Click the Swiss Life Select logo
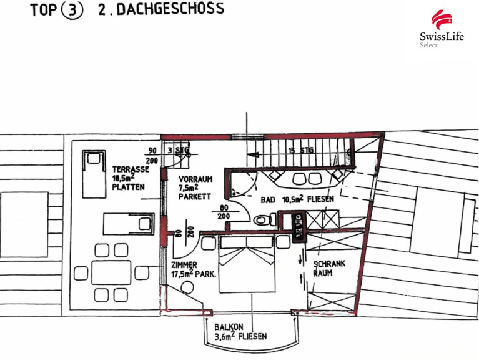[442, 29]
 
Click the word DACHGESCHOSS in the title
[170, 9]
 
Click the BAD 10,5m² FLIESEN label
[297, 199]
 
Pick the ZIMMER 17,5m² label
[194, 269]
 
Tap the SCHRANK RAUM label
[329, 268]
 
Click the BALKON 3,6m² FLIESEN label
[240, 332]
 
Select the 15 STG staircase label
[301, 151]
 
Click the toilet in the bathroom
[265, 219]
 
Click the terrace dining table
[111, 272]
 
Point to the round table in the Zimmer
[187, 287]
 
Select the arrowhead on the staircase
[254, 154]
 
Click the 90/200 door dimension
[152, 155]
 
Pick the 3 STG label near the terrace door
[179, 150]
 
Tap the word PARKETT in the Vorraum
[195, 196]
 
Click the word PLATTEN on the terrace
[128, 187]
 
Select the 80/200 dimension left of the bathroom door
[224, 212]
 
